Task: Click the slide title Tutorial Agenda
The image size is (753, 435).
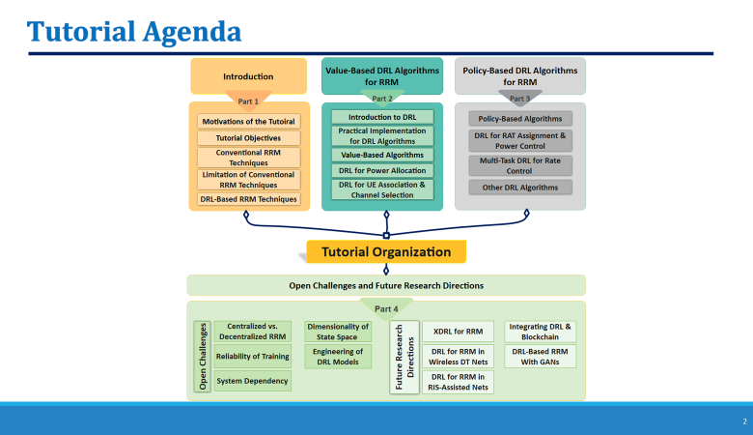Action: [134, 31]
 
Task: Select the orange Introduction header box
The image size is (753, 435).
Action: [248, 76]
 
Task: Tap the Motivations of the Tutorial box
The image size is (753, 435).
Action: [248, 122]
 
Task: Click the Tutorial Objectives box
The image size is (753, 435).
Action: [248, 138]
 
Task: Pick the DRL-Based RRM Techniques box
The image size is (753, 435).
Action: [248, 198]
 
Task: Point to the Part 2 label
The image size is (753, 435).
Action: [382, 99]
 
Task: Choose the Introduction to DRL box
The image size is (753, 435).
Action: [382, 117]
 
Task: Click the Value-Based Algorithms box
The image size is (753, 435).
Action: [382, 155]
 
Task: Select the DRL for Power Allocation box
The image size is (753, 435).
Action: [382, 171]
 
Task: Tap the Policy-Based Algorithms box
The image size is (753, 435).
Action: [520, 118]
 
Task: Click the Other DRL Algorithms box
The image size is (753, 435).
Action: [520, 188]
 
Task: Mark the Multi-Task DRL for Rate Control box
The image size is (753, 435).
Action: [520, 164]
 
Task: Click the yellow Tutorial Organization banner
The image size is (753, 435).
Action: [386, 252]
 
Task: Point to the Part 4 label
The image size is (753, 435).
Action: [385, 308]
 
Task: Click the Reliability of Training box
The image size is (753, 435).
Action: [252, 357]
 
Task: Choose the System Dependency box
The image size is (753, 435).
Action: [252, 381]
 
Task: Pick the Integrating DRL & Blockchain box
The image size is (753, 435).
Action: [540, 332]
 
